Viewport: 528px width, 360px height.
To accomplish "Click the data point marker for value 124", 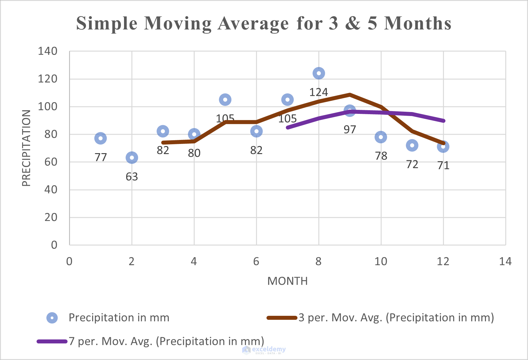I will [319, 73].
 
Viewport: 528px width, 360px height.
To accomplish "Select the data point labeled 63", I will [132, 158].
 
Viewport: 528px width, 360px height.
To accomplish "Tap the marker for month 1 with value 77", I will [100, 138].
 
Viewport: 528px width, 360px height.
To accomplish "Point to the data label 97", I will [350, 130].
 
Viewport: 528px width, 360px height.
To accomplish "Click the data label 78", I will [381, 156].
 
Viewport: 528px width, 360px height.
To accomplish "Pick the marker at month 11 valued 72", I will [412, 145].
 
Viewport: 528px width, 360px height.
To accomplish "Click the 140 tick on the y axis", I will [48, 51].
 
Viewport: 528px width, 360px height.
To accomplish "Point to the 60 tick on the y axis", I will [51, 162].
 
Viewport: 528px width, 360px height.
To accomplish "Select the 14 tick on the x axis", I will [505, 261].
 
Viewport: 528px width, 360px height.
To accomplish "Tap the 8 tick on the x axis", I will [318, 261].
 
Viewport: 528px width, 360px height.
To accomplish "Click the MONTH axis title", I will [287, 281].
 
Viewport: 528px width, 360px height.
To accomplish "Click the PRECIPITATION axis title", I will [26, 148].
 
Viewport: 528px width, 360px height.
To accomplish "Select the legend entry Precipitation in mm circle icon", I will [52, 318].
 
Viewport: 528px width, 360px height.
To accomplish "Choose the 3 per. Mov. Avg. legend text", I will [396, 318].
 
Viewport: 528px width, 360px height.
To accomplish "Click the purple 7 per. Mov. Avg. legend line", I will [52, 341].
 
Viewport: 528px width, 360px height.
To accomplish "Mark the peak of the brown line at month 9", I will [350, 95].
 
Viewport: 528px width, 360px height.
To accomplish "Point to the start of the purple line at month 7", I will [288, 127].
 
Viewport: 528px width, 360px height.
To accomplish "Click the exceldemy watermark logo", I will [247, 350].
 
